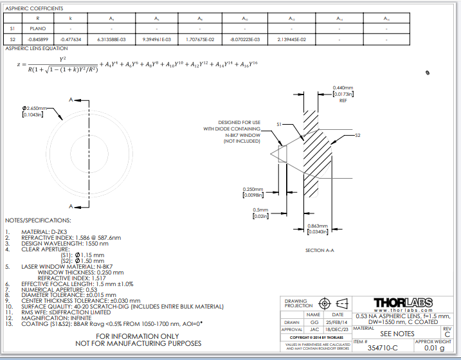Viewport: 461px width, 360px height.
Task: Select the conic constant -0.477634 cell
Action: [x=71, y=39]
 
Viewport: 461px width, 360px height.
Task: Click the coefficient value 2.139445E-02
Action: [x=292, y=39]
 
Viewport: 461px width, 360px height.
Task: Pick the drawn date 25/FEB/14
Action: [x=338, y=321]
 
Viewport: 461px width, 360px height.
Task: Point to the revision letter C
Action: [x=447, y=334]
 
